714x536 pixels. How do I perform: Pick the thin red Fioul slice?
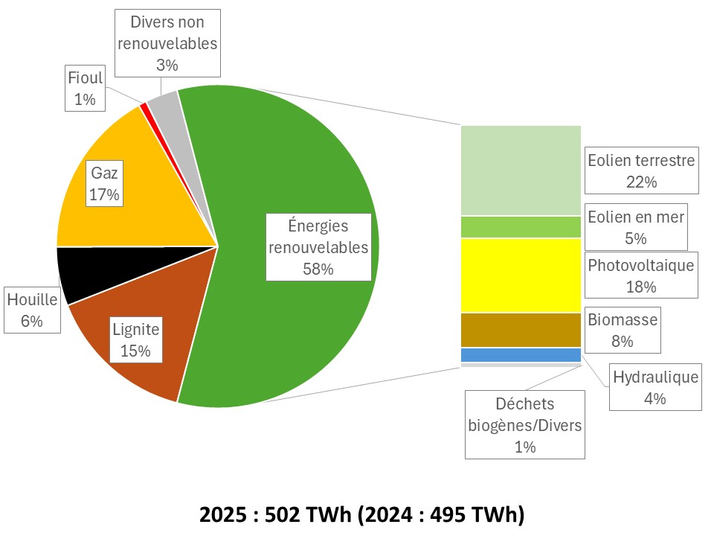pos(144,108)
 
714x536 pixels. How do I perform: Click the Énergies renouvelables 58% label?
pos(318,246)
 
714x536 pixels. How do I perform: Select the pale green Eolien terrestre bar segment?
pos(521,170)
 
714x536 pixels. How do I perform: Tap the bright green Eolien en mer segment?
pos(521,227)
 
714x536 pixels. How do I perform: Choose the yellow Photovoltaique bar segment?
pos(521,275)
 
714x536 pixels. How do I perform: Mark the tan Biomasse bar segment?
pos(521,330)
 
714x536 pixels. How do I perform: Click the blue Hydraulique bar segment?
pos(521,355)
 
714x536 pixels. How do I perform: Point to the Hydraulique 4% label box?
pos(655,388)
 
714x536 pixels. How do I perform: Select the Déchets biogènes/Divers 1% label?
pos(525,425)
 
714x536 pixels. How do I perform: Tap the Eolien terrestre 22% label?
pos(640,170)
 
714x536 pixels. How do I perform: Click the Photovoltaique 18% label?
pos(640,275)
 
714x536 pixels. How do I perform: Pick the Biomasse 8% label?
pos(622,331)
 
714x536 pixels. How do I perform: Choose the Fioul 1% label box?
pos(85,88)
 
